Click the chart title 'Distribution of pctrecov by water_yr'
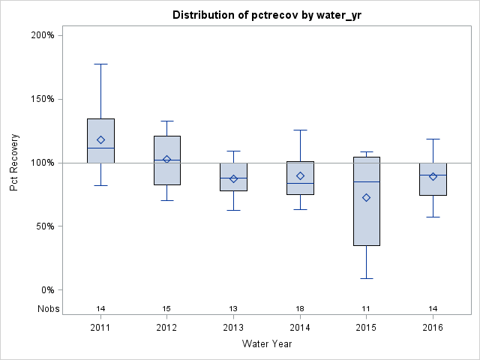tap(267, 15)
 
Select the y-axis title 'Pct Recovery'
tap(14, 162)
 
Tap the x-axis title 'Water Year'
tap(267, 344)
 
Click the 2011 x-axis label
tap(100, 328)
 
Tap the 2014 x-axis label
tap(300, 328)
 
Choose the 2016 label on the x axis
tap(433, 328)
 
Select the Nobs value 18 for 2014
tap(300, 309)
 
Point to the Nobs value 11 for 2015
tap(366, 309)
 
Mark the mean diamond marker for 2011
tap(100, 139)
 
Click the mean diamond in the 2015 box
tap(366, 198)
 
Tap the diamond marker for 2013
tap(233, 178)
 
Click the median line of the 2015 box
tap(366, 181)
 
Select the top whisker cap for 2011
tap(100, 64)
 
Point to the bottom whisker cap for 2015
tap(366, 278)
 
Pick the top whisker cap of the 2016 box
tap(433, 139)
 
